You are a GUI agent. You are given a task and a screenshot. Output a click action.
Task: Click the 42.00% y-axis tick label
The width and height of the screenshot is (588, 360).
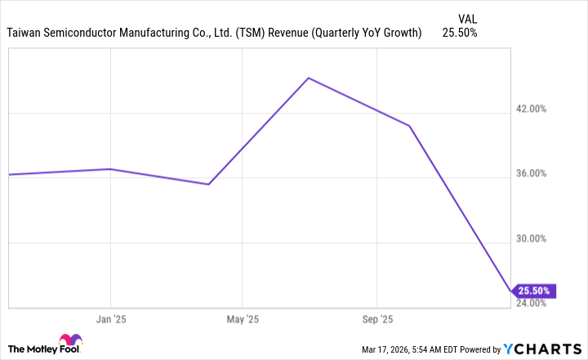click(541, 109)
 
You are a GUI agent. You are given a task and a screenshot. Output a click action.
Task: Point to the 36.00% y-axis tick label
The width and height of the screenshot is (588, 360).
click(541, 174)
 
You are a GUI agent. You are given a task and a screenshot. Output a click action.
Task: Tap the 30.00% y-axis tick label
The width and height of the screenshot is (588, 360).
click(541, 239)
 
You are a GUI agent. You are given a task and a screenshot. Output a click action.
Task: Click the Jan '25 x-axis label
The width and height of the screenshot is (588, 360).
click(110, 319)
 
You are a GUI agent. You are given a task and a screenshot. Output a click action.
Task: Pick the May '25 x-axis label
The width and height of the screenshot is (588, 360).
click(242, 319)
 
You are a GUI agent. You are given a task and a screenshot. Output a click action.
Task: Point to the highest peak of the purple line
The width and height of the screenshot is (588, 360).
click(308, 78)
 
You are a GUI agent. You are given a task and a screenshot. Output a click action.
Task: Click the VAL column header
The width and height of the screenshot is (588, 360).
click(468, 16)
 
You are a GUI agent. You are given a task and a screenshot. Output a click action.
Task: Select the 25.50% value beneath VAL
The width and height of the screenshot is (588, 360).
click(460, 33)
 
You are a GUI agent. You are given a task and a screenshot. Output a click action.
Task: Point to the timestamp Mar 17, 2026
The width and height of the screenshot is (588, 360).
click(389, 350)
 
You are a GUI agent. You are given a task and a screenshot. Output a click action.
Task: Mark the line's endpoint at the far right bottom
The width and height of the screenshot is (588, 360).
click(512, 291)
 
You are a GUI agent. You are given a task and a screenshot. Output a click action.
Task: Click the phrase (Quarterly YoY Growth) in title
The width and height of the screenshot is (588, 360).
click(357, 33)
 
